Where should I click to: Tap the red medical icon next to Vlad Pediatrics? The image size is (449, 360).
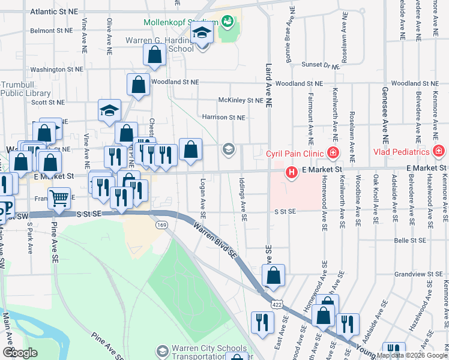tap(439, 151)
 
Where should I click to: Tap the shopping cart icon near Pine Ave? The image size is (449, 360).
tap(59, 197)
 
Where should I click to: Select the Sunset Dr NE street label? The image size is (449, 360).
tap(320, 64)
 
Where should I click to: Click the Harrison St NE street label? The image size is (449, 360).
tap(224, 118)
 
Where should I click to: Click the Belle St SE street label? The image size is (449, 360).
tap(409, 241)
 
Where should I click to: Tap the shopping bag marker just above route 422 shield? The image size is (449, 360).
tap(274, 276)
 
